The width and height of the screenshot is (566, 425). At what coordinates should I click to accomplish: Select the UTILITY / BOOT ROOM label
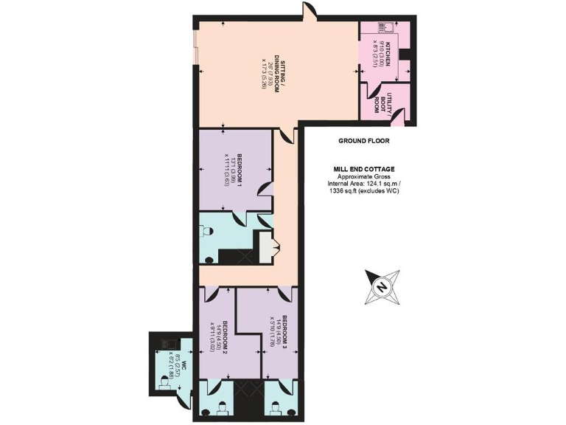[x=381, y=103]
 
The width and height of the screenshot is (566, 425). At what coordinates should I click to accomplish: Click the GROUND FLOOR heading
[x=364, y=140]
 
